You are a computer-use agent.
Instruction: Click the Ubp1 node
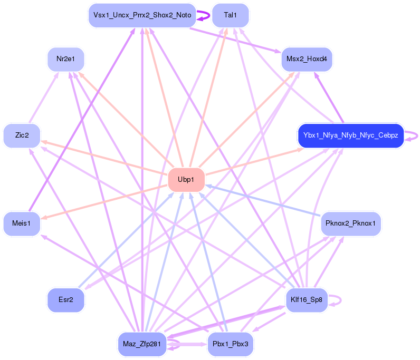pyautogui.click(x=186, y=180)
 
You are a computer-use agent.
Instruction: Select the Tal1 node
pyautogui.click(x=230, y=15)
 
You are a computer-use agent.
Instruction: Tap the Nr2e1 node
pyautogui.click(x=65, y=59)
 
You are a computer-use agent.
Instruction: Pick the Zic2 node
pyautogui.click(x=22, y=135)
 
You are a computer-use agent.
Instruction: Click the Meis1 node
pyautogui.click(x=22, y=224)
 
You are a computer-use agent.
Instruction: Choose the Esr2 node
pyautogui.click(x=66, y=300)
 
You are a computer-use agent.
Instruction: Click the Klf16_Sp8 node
pyautogui.click(x=306, y=300)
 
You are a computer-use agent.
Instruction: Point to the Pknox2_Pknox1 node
pyautogui.click(x=350, y=224)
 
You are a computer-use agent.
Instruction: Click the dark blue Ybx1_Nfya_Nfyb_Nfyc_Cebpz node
pyautogui.click(x=350, y=135)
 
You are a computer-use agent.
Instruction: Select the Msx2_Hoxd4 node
pyautogui.click(x=306, y=59)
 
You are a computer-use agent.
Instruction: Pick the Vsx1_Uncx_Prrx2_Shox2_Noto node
pyautogui.click(x=142, y=15)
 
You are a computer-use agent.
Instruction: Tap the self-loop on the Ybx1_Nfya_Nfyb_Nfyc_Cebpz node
pyautogui.click(x=417, y=135)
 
